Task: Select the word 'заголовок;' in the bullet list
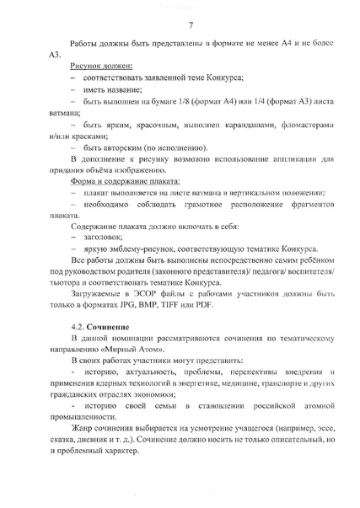click(107, 238)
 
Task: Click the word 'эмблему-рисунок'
click(151, 250)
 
